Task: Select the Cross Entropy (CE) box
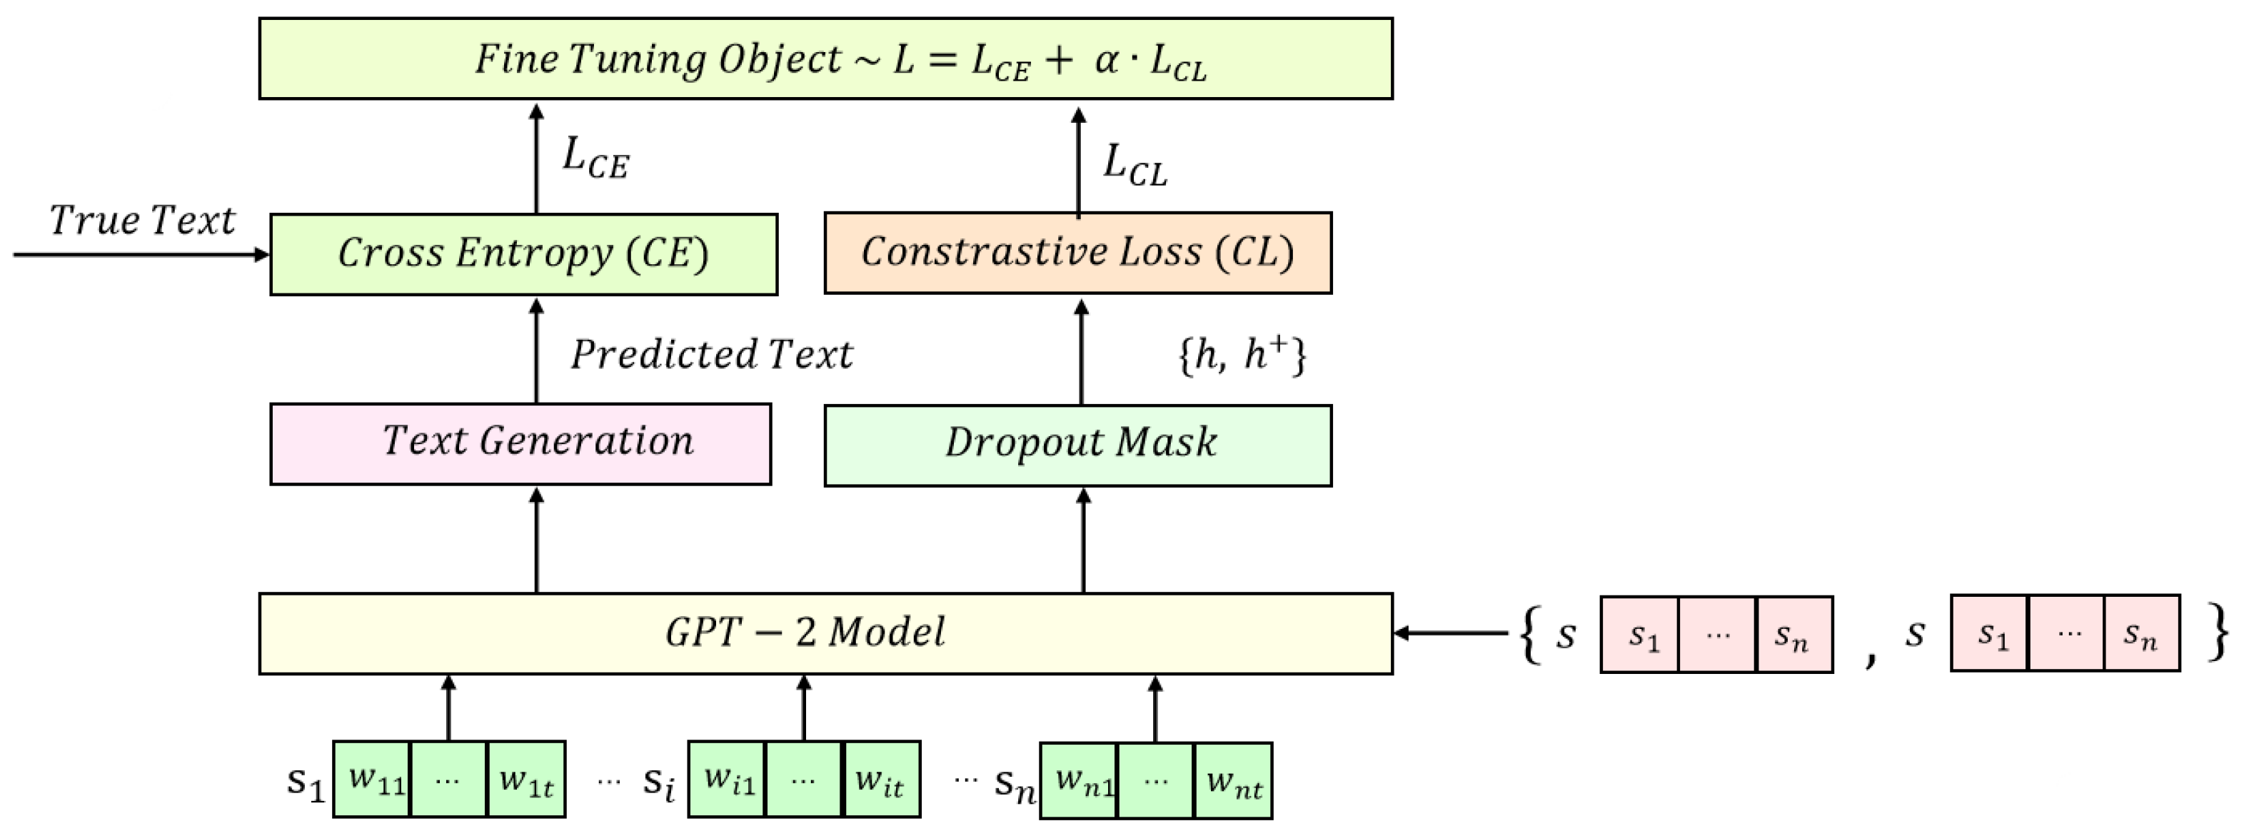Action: tap(523, 253)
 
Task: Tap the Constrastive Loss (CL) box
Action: tap(1077, 253)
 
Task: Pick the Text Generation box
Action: tap(520, 443)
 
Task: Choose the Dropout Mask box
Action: tap(1077, 444)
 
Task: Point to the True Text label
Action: tap(142, 221)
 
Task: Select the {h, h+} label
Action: tap(1242, 354)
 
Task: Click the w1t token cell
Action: tap(526, 780)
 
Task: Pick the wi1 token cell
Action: tap(727, 780)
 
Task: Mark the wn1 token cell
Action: tap(1078, 781)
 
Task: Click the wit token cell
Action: tap(881, 780)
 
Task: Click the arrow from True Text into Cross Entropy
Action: tap(139, 254)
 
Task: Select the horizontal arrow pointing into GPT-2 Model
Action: tap(1450, 633)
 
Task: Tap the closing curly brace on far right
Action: tap(2219, 633)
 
